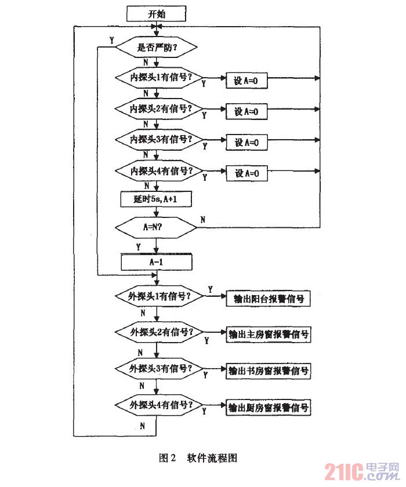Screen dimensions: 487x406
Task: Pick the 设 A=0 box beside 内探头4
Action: tap(246, 173)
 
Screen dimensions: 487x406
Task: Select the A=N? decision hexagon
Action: tap(156, 228)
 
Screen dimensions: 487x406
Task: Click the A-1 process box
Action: tap(156, 262)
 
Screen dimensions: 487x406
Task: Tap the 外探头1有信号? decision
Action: tap(160, 296)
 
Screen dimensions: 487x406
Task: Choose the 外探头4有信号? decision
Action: tap(160, 404)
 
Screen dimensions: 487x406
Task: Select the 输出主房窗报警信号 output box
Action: tap(267, 335)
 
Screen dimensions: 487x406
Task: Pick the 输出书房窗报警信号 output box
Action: tap(267, 370)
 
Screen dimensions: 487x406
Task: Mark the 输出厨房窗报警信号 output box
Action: tap(267, 408)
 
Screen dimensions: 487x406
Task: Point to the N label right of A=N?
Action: tap(202, 219)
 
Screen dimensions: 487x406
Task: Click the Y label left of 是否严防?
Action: tap(110, 39)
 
